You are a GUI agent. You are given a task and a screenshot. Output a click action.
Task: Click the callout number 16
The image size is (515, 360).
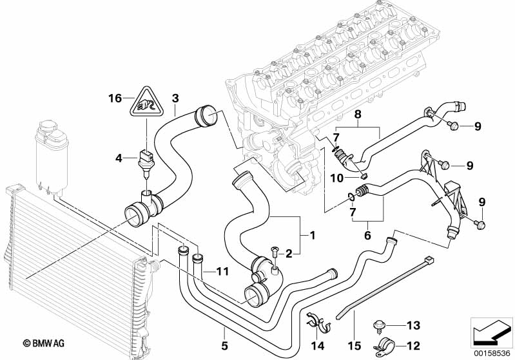[115, 99]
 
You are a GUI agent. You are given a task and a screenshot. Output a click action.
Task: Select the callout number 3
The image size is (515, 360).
[175, 99]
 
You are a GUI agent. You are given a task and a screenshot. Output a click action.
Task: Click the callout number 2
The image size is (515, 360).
[289, 254]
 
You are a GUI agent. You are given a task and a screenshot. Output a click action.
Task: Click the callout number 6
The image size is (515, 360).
[367, 236]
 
